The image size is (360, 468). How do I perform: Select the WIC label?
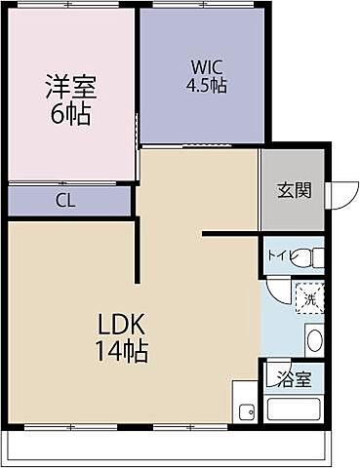[207, 67]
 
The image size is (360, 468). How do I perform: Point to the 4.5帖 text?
[207, 86]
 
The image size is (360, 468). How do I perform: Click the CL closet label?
[66, 202]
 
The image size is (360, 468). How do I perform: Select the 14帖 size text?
[121, 351]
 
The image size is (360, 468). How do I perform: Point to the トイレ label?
[279, 257]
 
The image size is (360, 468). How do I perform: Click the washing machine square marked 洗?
[310, 294]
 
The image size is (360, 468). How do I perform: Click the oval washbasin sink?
[314, 340]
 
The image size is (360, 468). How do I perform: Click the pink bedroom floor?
[68, 146]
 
